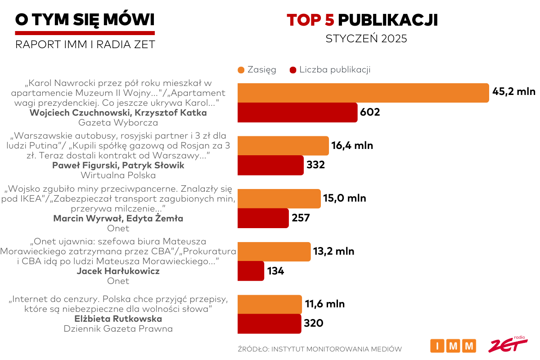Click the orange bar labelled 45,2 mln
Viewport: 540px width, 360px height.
pyautogui.click(x=363, y=93)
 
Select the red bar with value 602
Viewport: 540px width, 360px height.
pyautogui.click(x=297, y=112)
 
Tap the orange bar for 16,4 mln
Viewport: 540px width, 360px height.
pyautogui.click(x=283, y=146)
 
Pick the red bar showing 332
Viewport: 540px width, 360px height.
pyautogui.click(x=270, y=165)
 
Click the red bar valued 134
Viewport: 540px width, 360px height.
pyautogui.click(x=251, y=271)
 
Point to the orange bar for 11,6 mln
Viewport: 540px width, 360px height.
pyautogui.click(x=269, y=304)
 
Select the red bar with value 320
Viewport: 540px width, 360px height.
pyautogui.click(x=269, y=324)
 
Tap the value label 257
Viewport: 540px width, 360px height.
pyautogui.click(x=301, y=218)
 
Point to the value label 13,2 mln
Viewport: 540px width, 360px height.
pyautogui.click(x=333, y=251)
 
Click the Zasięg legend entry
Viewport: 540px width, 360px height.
pyautogui.click(x=256, y=70)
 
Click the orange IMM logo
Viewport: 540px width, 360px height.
pyautogui.click(x=453, y=346)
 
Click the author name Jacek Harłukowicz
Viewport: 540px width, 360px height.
pyautogui.click(x=118, y=271)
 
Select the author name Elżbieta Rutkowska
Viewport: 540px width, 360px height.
pyautogui.click(x=118, y=319)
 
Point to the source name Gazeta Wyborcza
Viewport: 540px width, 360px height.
pyautogui.click(x=118, y=122)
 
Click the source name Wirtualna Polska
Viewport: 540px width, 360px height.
pyautogui.click(x=118, y=175)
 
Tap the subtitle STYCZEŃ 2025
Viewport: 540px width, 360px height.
pyautogui.click(x=366, y=39)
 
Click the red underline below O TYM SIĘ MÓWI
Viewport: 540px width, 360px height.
pyautogui.click(x=85, y=33)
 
